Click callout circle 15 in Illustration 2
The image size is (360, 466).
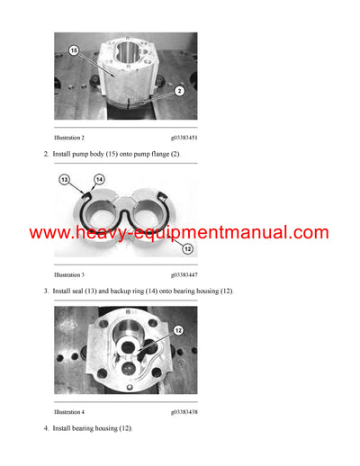(74, 50)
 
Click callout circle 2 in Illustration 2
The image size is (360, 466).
(180, 91)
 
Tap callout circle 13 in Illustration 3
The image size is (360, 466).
(65, 181)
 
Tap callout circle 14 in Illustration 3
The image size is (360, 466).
(99, 180)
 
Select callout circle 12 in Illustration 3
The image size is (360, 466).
(186, 248)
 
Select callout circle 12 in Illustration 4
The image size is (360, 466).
(179, 330)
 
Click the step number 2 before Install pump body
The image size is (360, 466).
(46, 155)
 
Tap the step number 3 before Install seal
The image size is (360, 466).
(46, 291)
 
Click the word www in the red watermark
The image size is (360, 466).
(52, 233)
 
